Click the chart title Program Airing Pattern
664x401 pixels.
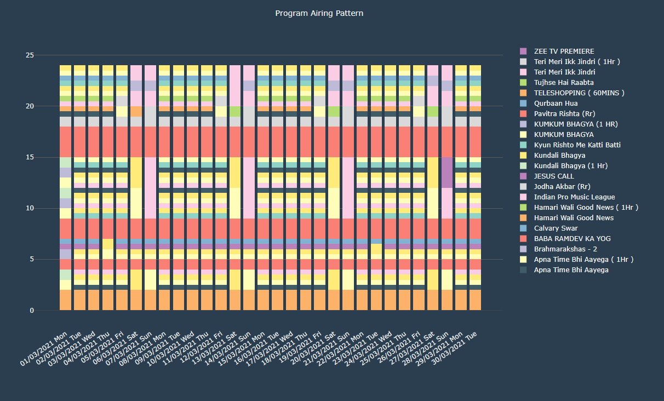(319, 13)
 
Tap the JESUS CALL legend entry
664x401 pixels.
(554, 176)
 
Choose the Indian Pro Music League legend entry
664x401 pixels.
(574, 197)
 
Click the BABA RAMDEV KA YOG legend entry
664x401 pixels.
(573, 239)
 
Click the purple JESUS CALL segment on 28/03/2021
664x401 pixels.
(448, 173)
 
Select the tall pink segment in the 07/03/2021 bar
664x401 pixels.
(150, 188)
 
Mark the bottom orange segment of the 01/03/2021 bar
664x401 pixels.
(65, 300)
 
